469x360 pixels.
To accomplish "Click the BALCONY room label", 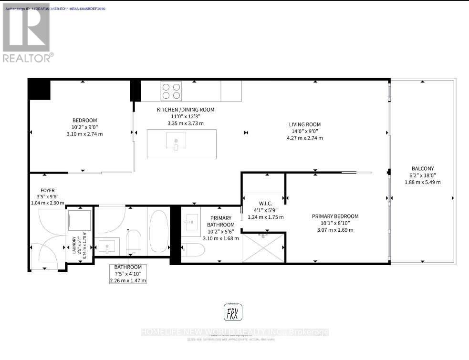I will [422, 168].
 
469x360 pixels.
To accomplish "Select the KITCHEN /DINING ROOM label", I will [186, 110].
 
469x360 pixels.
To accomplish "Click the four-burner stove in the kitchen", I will [172, 91].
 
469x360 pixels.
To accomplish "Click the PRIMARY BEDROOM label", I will [335, 216].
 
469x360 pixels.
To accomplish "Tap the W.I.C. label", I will [265, 210].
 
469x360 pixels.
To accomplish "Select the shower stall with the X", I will [263, 247].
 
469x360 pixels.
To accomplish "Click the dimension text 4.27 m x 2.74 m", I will [304, 138].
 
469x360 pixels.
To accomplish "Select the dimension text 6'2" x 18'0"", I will [422, 175].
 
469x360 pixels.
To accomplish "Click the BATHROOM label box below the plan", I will [128, 274].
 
